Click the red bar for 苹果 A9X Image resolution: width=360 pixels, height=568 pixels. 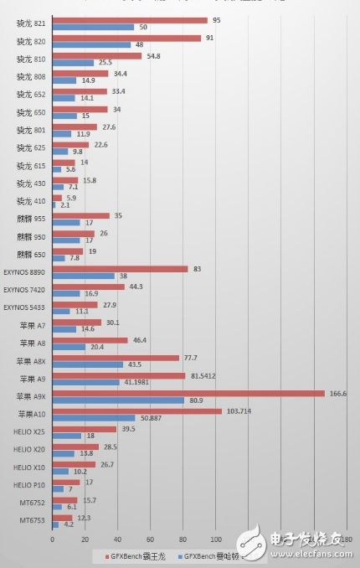click(188, 393)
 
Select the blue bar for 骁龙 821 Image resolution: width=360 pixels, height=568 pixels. click(93, 28)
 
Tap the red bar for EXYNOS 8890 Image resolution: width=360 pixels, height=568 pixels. click(120, 269)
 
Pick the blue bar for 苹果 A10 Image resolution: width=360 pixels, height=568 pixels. click(94, 417)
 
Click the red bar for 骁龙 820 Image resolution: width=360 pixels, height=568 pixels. click(126, 38)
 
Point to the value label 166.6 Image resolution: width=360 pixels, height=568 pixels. click(339, 393)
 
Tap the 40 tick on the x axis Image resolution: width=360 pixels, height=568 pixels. click(118, 540)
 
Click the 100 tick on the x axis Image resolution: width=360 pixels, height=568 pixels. click(216, 540)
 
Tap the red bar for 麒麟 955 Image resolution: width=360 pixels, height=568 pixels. click(81, 215)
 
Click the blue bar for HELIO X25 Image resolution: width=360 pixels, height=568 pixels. click(67, 436)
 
